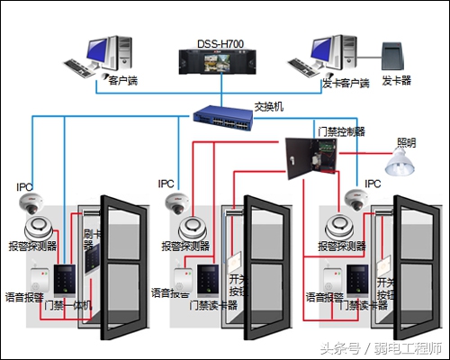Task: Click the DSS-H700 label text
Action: pos(220,42)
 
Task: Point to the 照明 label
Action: pos(407,142)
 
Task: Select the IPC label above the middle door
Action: pos(166,183)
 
